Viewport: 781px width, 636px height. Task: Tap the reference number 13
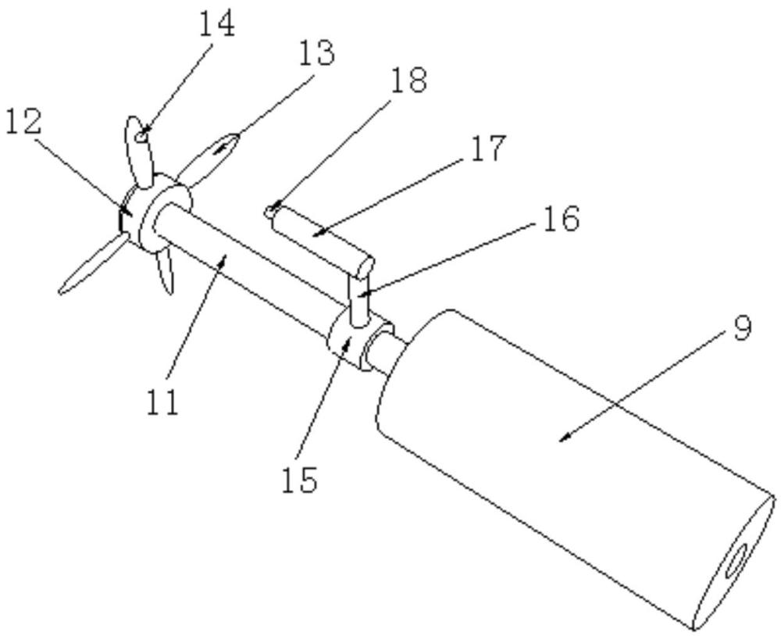click(x=317, y=53)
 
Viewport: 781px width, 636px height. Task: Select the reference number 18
click(x=409, y=80)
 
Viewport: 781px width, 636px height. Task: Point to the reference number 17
click(x=488, y=148)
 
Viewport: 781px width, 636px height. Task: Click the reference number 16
click(x=562, y=218)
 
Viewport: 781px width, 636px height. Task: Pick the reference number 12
click(x=23, y=122)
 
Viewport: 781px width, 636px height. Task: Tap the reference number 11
click(x=162, y=402)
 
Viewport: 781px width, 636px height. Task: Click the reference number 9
click(x=742, y=328)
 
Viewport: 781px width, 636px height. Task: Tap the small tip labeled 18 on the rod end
click(x=270, y=212)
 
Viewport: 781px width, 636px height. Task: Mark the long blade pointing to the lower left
click(x=92, y=264)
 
